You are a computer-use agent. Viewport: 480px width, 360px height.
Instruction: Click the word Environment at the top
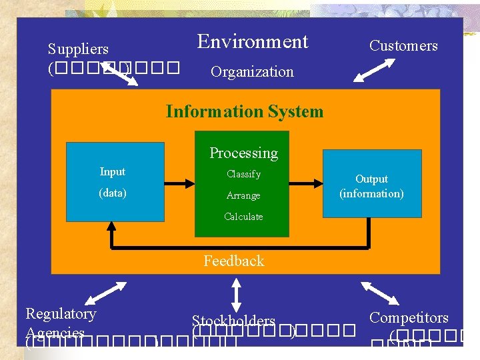coord(253,42)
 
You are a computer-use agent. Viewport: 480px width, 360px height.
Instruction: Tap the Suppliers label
coord(78,49)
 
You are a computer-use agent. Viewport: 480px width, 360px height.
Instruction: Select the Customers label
coord(403,46)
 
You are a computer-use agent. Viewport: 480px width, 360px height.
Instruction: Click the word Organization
coord(252,72)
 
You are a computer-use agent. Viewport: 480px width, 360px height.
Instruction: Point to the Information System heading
coord(244,111)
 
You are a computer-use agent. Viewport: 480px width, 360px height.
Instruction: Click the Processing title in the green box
coord(243,153)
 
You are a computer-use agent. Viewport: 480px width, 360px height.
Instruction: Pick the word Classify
coord(243,175)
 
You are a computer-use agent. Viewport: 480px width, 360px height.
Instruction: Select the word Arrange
coord(243,196)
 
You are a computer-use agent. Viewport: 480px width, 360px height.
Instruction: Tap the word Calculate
coord(243,217)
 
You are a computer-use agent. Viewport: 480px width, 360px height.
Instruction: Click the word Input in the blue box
coord(112,172)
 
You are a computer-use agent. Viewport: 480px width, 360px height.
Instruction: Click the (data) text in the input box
coord(112,193)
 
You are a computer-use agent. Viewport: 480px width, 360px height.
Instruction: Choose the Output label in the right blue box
coord(371,179)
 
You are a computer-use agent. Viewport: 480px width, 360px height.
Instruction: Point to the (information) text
coord(371,194)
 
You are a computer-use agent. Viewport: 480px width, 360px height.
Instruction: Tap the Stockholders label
coord(233,321)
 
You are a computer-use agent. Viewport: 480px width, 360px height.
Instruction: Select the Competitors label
coord(409,318)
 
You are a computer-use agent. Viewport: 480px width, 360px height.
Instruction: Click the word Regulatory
coord(61,313)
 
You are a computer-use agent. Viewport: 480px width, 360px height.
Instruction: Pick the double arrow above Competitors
coord(378,293)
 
